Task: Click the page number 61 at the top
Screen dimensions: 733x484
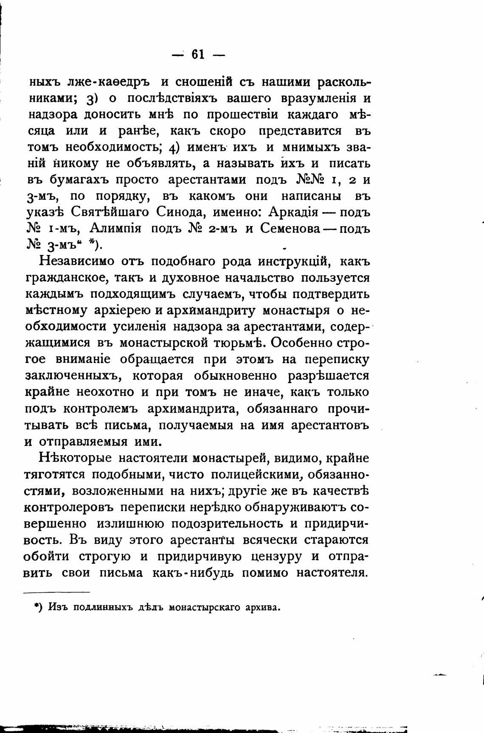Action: click(198, 55)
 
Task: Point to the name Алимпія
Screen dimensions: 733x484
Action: click(115, 228)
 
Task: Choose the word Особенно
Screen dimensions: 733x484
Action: click(300, 343)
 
